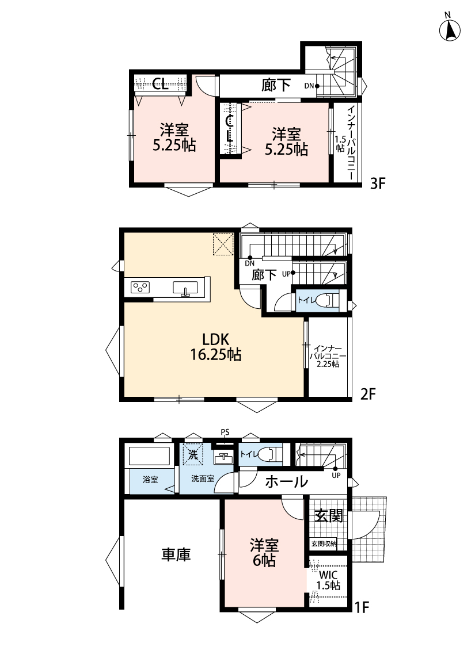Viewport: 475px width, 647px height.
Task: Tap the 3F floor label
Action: pyautogui.click(x=377, y=183)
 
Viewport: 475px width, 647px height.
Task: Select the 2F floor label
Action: pyautogui.click(x=367, y=394)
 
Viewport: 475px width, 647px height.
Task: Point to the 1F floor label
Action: pyautogui.click(x=362, y=607)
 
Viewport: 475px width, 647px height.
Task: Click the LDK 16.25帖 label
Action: pyautogui.click(x=215, y=347)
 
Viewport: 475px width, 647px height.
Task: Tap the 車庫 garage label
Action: pyautogui.click(x=176, y=554)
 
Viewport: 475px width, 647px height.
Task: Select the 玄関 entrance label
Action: pyautogui.click(x=329, y=515)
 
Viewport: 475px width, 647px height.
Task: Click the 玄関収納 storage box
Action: pyautogui.click(x=324, y=544)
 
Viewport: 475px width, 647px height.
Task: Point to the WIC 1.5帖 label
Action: pyautogui.click(x=328, y=580)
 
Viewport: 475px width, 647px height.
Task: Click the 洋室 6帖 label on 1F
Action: pyautogui.click(x=264, y=553)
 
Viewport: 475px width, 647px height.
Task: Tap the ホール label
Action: pyautogui.click(x=286, y=481)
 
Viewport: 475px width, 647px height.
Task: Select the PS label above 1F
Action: pyautogui.click(x=225, y=432)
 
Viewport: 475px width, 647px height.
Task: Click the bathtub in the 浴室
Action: pyautogui.click(x=150, y=457)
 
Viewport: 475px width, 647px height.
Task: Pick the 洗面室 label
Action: pyautogui.click(x=203, y=478)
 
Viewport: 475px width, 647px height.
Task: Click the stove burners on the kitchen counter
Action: pyautogui.click(x=140, y=287)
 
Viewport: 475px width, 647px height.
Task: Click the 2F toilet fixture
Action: pyautogui.click(x=328, y=300)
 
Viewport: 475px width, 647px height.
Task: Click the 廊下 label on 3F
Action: pyautogui.click(x=276, y=86)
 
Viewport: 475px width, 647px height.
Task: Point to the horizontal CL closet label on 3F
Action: pyautogui.click(x=161, y=84)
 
